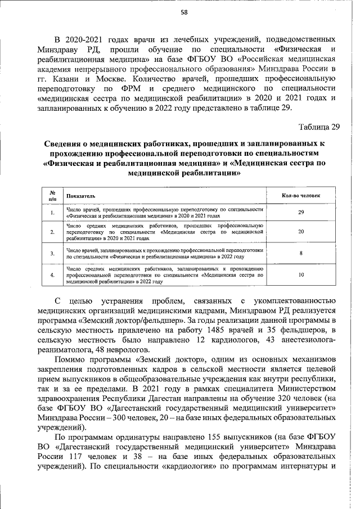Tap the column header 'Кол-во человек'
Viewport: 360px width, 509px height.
(301, 195)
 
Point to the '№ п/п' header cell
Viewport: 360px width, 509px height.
(52, 196)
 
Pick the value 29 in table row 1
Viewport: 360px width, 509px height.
(301, 212)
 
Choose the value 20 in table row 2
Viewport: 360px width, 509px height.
(301, 231)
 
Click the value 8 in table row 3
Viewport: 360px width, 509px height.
(301, 254)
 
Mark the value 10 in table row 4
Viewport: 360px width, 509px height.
(301, 275)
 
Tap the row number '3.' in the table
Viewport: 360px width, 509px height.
(52, 254)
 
